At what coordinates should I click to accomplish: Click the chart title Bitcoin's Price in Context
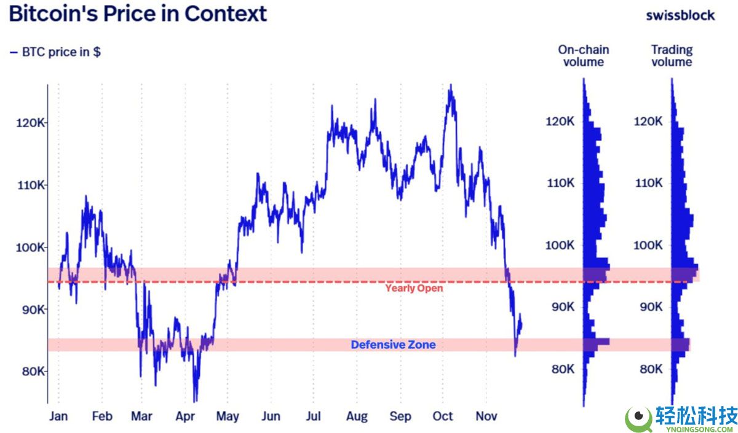(x=138, y=14)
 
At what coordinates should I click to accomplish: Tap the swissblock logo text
(x=680, y=15)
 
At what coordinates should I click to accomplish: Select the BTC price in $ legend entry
(x=55, y=52)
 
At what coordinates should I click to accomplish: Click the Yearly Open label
(x=414, y=288)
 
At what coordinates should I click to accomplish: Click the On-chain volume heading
(x=583, y=56)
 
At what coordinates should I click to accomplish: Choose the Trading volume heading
(x=672, y=56)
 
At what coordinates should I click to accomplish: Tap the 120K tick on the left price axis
(x=31, y=123)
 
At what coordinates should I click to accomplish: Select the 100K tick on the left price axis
(x=31, y=248)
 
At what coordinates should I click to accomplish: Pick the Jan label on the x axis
(x=58, y=416)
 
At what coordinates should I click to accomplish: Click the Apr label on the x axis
(x=185, y=416)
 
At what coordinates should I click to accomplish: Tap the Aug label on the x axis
(x=357, y=416)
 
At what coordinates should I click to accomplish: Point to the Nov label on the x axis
(x=486, y=416)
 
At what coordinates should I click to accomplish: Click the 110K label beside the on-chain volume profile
(x=560, y=183)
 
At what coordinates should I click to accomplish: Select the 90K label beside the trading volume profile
(x=649, y=307)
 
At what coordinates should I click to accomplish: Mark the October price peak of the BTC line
(x=451, y=85)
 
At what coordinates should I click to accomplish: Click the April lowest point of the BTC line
(x=195, y=401)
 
